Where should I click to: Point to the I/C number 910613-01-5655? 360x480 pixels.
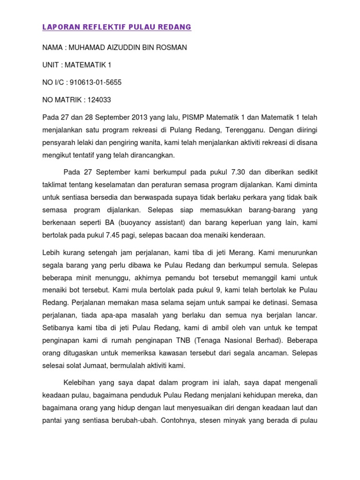tap(96, 82)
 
